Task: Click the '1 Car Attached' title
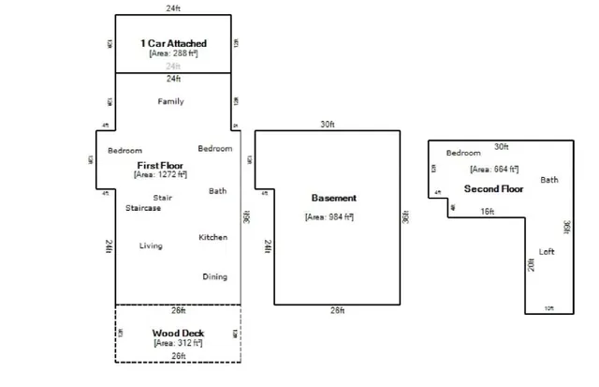coord(173,43)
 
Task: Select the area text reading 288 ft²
coord(173,53)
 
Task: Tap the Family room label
coord(170,101)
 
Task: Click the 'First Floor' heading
coord(159,164)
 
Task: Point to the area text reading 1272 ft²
coord(160,174)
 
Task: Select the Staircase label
coord(143,208)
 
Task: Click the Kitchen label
coord(212,237)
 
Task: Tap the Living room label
coord(151,246)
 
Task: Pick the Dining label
coord(214,276)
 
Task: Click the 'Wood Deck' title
coord(178,334)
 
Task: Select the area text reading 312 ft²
coord(178,344)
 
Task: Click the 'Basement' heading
coord(333,199)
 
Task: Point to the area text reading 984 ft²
coord(329,217)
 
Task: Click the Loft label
coord(548,251)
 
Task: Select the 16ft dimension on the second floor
coord(487,212)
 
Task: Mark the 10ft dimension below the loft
coord(548,308)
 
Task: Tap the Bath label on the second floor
coord(549,179)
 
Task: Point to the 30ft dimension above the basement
coord(327,124)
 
